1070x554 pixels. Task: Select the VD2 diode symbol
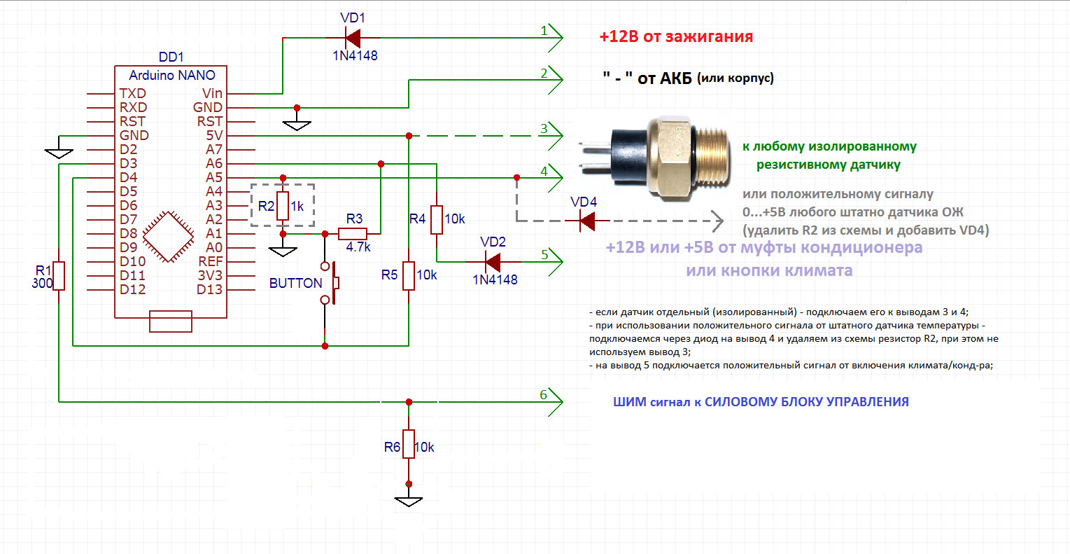pos(493,262)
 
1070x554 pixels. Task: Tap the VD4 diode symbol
pos(586,221)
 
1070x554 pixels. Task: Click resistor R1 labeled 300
pos(59,275)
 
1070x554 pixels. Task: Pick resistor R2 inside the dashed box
pos(283,206)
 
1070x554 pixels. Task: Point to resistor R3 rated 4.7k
pos(353,233)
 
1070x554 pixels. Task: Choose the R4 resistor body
pos(437,219)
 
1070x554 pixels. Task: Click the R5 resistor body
pos(409,275)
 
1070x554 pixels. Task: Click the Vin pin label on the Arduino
pos(212,93)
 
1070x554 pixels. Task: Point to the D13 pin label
pos(209,289)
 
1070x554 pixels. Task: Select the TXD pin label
pos(132,93)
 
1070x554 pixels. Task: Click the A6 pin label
pos(214,163)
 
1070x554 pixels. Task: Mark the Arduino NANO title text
pos(172,75)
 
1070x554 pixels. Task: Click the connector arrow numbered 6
pos(554,401)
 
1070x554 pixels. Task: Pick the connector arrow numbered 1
pos(554,37)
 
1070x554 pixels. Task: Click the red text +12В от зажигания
pos(676,37)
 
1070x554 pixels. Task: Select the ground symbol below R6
pos(409,501)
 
